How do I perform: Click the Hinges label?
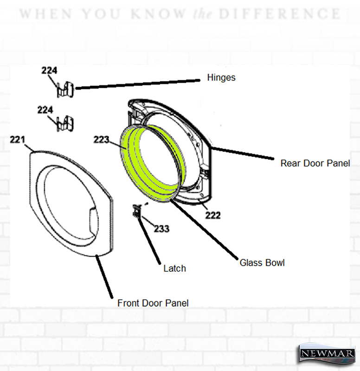[221, 78]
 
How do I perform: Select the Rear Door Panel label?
[315, 163]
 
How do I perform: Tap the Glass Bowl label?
[262, 263]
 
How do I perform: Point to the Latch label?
[175, 269]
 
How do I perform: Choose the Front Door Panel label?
[153, 303]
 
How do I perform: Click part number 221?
[17, 140]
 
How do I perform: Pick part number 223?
[101, 140]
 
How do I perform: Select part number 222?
[213, 215]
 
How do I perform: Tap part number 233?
[161, 229]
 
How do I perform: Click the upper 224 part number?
[49, 70]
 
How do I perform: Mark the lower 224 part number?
[45, 110]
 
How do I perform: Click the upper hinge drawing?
[65, 90]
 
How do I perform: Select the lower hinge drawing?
[65, 123]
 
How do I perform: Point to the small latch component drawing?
[137, 211]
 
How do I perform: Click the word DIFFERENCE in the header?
[280, 14]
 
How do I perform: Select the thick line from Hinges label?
[138, 84]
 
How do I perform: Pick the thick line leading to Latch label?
[148, 240]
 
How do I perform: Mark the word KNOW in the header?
[158, 14]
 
